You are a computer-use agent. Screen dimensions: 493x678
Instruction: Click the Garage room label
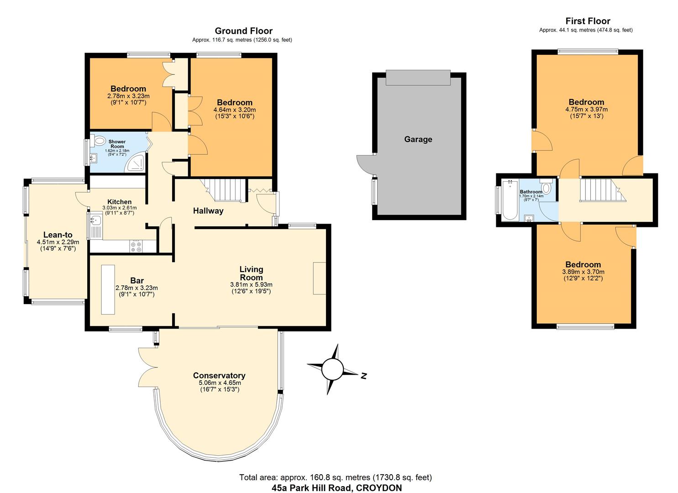point(418,140)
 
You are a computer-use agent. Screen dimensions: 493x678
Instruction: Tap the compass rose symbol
point(332,369)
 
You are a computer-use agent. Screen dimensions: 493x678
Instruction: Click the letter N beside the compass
point(364,376)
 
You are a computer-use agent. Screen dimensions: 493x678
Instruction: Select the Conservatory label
point(219,376)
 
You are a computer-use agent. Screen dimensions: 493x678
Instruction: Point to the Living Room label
point(251,273)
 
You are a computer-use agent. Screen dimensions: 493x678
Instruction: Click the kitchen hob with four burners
point(136,246)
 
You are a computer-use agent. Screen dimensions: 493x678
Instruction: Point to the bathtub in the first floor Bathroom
point(510,200)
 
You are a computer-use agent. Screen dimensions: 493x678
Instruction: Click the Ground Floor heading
point(243,31)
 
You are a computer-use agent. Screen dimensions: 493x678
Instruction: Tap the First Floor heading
point(588,21)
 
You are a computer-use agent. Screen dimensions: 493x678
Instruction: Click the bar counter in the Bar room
point(108,289)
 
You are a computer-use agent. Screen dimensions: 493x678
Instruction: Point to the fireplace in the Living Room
point(319,278)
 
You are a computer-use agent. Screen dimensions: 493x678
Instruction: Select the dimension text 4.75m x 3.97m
point(586,110)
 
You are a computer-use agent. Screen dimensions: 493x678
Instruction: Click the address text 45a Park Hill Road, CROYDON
point(336,488)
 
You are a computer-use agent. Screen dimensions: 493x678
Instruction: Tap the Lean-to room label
point(58,235)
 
